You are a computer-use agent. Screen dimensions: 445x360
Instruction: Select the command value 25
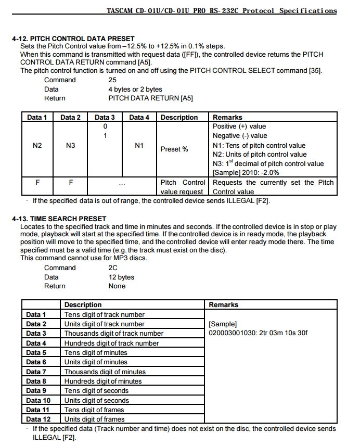[112, 80]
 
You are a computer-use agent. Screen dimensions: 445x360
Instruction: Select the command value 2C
[113, 268]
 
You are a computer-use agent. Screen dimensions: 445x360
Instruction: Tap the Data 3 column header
[105, 117]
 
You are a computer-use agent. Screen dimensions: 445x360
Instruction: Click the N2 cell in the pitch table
[37, 146]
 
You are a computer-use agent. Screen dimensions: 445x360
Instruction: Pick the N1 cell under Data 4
[139, 146]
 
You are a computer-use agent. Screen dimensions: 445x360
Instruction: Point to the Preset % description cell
[174, 149]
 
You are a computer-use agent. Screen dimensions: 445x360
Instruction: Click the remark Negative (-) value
[240, 136]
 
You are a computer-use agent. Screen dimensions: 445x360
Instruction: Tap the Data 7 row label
[36, 372]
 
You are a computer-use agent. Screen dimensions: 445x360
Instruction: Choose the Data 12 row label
[38, 419]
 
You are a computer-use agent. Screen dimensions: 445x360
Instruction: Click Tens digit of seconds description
[96, 390]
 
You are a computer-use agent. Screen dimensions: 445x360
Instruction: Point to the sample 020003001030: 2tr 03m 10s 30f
[258, 333]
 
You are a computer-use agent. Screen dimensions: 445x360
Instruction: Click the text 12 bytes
[121, 277]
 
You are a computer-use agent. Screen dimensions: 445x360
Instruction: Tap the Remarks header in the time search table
[224, 304]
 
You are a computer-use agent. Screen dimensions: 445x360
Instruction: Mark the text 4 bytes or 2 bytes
[135, 89]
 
